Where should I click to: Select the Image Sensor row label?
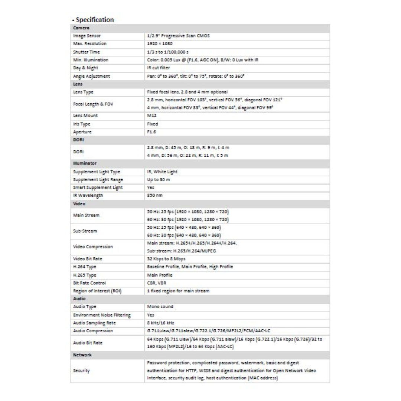point(87,36)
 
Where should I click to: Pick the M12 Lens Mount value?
point(151,115)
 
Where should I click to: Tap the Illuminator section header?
point(84,163)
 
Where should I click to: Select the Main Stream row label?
point(86,215)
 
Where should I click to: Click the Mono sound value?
point(160,307)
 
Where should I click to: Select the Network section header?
point(82,355)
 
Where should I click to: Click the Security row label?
point(82,371)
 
